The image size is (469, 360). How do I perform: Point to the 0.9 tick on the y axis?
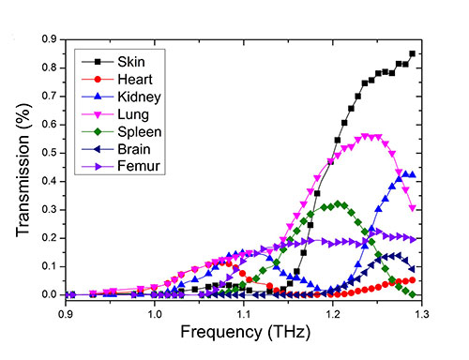pyautogui.click(x=49, y=39)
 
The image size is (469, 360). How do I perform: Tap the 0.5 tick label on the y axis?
pyautogui.click(x=49, y=153)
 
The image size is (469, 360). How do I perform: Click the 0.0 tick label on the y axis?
pyautogui.click(x=49, y=294)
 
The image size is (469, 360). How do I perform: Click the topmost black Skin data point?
pyautogui.click(x=412, y=53)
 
